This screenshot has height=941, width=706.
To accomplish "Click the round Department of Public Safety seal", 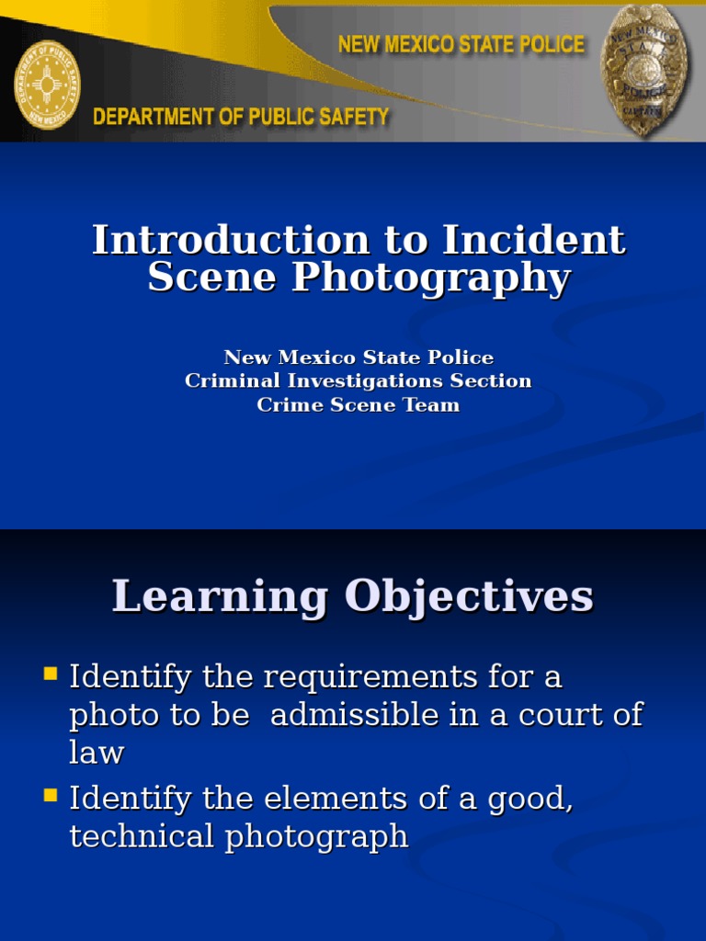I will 47,85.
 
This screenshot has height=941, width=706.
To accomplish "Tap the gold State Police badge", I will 643,70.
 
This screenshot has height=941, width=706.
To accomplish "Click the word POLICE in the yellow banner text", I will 546,44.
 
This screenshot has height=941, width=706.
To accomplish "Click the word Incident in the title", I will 534,241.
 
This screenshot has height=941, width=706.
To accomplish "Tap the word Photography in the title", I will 431,278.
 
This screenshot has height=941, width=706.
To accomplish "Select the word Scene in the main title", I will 212,278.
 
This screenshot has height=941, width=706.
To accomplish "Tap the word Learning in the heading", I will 220,597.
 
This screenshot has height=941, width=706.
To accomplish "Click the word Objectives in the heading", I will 469,597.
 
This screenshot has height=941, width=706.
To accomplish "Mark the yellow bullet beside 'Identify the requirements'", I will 51,675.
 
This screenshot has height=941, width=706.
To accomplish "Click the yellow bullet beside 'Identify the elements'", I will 51,795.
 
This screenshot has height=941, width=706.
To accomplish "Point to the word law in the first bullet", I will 97,754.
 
